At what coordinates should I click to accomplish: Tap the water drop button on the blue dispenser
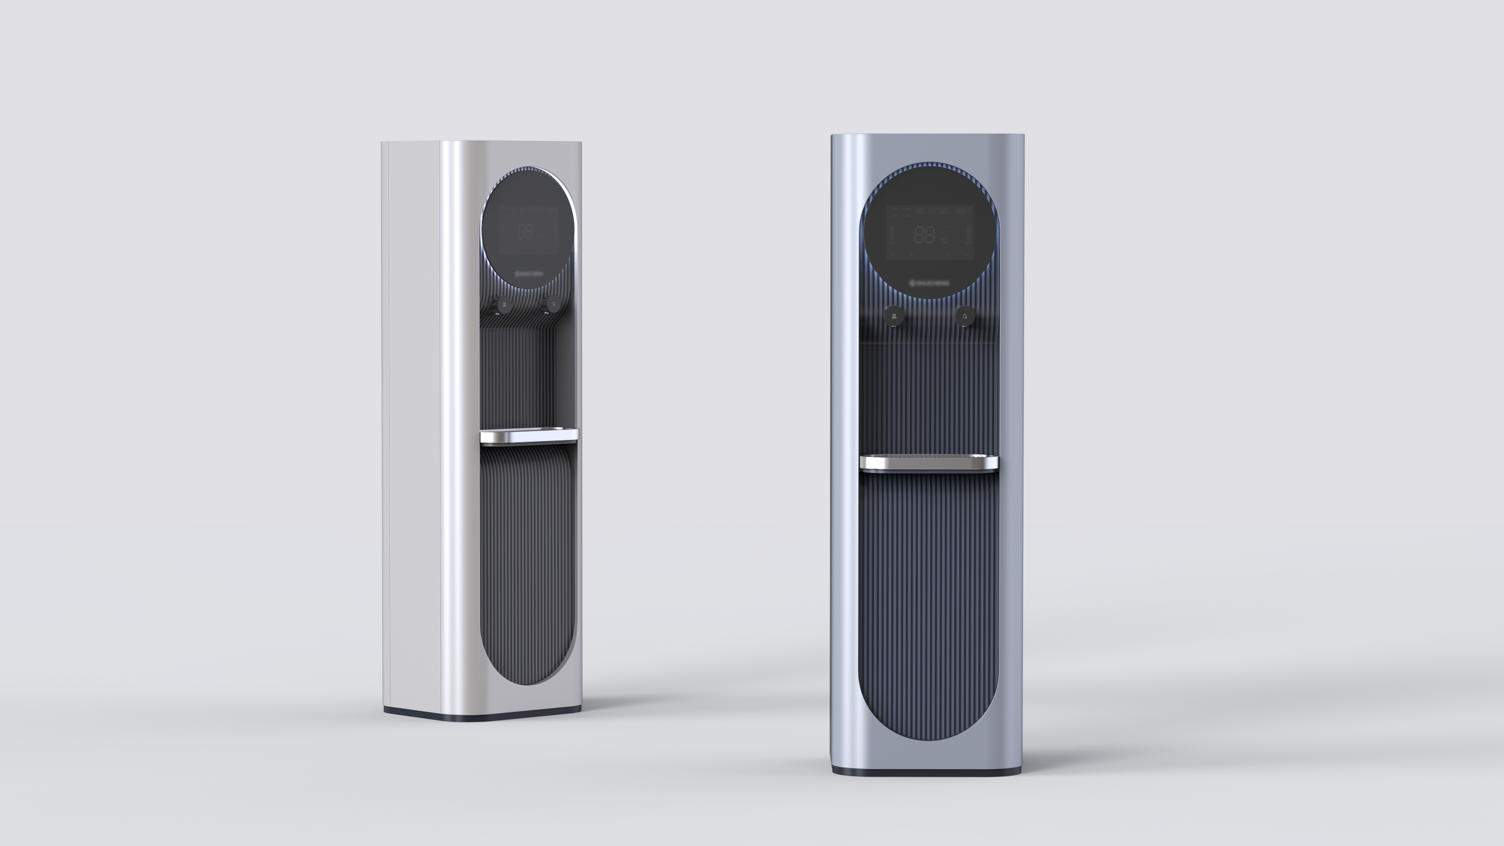(x=965, y=316)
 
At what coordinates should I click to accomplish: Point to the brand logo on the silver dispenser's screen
(x=529, y=273)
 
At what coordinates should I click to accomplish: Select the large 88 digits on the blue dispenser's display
(x=925, y=235)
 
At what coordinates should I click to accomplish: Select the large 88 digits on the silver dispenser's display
(x=525, y=232)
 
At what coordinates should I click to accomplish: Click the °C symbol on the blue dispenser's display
(x=944, y=241)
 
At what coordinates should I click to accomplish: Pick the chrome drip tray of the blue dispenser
(x=928, y=462)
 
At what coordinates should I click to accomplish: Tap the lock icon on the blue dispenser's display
(x=893, y=256)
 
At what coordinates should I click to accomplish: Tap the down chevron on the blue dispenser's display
(x=968, y=255)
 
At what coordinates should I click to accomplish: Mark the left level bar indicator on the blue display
(x=892, y=233)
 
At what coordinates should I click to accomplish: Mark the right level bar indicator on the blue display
(x=969, y=233)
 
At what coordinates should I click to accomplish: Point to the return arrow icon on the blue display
(x=931, y=256)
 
